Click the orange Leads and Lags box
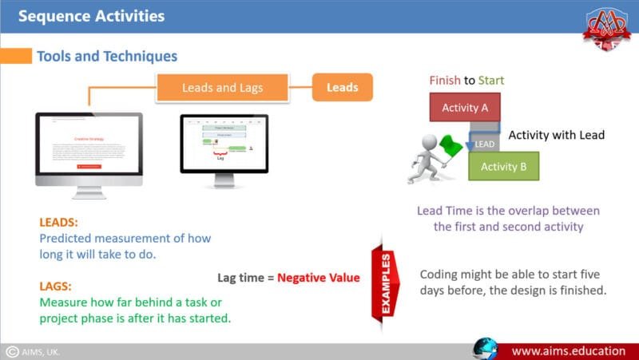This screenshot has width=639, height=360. click(x=222, y=88)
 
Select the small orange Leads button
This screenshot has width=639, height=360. click(x=342, y=87)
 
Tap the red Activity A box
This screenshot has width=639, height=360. click(x=464, y=106)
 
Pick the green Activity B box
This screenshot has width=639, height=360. click(x=503, y=166)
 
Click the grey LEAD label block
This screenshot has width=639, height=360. click(x=485, y=144)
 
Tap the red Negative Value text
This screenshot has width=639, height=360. click(x=318, y=278)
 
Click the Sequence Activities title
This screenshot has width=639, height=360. click(x=91, y=16)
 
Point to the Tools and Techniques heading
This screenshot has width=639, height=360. click(x=107, y=57)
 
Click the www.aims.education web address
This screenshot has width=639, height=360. click(x=567, y=350)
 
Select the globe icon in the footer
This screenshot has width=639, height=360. click(x=485, y=349)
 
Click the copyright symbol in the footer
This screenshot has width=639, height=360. click(x=12, y=351)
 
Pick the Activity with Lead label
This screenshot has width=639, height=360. click(x=556, y=135)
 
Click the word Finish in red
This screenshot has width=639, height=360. click(x=445, y=81)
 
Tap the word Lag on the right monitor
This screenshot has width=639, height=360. click(x=220, y=158)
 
